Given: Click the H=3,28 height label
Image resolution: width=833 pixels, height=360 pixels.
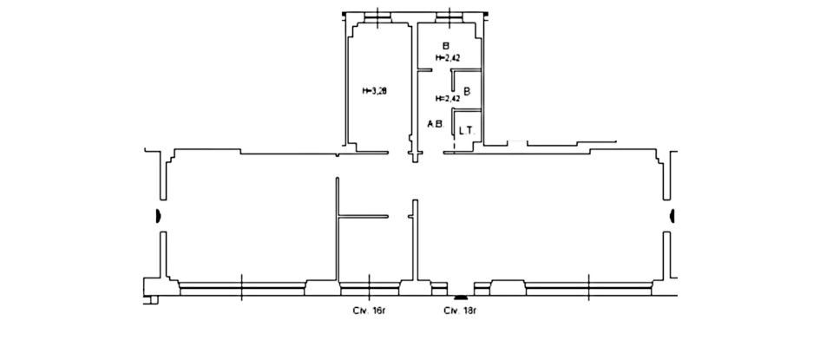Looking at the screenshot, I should point(374,89).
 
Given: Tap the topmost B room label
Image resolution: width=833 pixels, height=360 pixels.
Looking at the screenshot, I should point(446,46).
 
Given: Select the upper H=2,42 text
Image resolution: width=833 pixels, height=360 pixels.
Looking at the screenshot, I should point(447,58).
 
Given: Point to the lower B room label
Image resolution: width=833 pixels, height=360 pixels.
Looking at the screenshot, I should point(467,90).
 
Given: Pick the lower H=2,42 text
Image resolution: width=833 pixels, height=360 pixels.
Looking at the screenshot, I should point(447,98).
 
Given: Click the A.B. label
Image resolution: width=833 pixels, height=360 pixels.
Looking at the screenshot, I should point(435,124).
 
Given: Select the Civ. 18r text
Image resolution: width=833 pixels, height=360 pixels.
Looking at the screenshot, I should point(461,310).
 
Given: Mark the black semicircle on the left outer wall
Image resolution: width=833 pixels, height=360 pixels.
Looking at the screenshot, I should point(159,216).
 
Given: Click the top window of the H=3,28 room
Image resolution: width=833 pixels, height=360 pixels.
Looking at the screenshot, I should point(377,17).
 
